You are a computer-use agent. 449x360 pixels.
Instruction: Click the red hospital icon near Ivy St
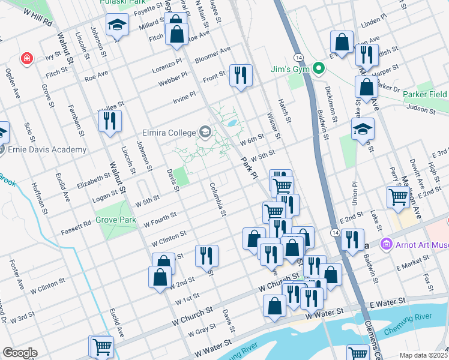point(26,58)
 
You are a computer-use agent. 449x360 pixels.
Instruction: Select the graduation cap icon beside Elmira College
point(205,132)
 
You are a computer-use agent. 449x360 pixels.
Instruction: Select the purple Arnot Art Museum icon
point(387,244)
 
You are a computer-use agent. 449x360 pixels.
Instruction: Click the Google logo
point(20,353)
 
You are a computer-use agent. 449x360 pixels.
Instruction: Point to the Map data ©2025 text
point(423,355)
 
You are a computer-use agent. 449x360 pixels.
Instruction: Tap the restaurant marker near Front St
point(241,76)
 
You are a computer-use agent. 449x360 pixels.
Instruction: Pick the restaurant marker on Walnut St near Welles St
point(110,121)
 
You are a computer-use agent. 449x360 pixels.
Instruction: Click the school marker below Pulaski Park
point(117,25)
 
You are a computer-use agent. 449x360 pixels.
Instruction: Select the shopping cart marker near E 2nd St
point(398,197)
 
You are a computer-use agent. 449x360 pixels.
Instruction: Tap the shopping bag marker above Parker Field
point(366,86)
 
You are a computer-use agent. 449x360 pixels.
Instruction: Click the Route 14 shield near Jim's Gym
point(299,56)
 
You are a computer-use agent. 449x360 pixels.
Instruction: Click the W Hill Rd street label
point(38,18)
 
